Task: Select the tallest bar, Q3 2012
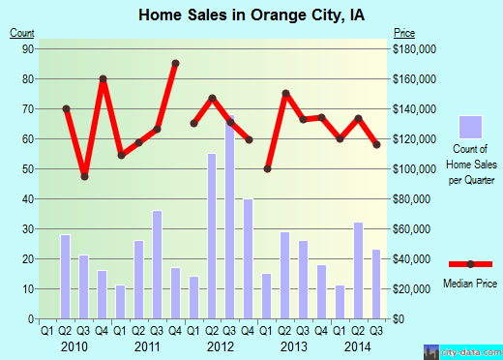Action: [230, 218]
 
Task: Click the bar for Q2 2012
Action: [212, 236]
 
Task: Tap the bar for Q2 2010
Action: [65, 277]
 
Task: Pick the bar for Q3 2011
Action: [157, 264]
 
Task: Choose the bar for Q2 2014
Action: [359, 271]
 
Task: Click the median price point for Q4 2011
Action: [175, 64]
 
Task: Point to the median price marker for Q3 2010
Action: [84, 176]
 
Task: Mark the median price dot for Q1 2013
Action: [267, 169]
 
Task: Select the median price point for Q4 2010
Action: [103, 78]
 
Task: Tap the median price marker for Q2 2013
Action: [285, 93]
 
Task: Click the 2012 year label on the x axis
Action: [221, 345]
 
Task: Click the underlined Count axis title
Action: [22, 33]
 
